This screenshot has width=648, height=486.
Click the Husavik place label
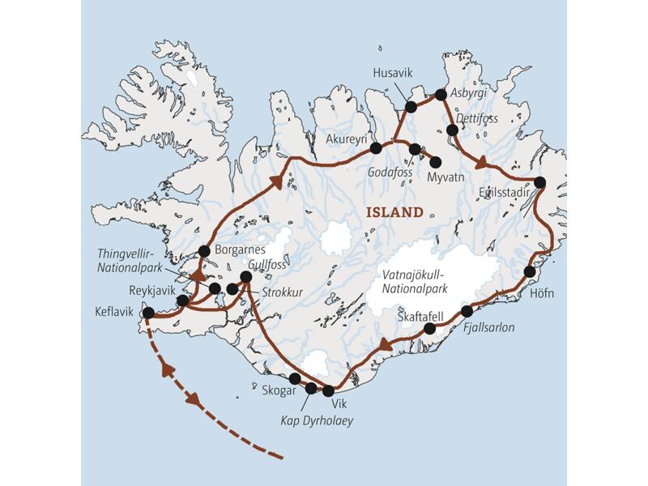[x=392, y=74]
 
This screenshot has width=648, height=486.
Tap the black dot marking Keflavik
[x=148, y=313]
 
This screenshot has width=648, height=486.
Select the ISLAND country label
[x=395, y=213]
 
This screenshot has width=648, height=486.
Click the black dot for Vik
[x=328, y=390]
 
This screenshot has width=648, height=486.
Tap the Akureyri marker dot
[x=376, y=147]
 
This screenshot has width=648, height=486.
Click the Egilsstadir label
[x=505, y=194]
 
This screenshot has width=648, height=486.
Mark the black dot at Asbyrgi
[x=441, y=95]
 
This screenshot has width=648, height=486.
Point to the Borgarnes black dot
[x=204, y=251]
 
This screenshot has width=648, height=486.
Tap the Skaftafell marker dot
[x=430, y=328]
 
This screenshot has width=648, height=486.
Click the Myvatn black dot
[x=435, y=162]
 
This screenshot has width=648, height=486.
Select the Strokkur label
[x=279, y=292]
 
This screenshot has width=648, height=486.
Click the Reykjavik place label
[x=153, y=289]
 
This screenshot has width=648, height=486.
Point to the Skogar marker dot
[x=295, y=378]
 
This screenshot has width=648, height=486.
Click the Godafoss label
[x=390, y=173]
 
